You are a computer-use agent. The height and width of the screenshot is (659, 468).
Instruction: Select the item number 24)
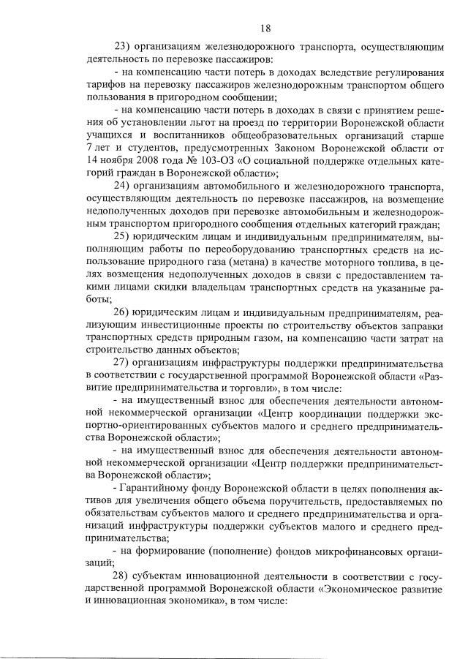tap(124, 186)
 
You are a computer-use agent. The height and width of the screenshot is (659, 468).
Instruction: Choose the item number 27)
tap(124, 364)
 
